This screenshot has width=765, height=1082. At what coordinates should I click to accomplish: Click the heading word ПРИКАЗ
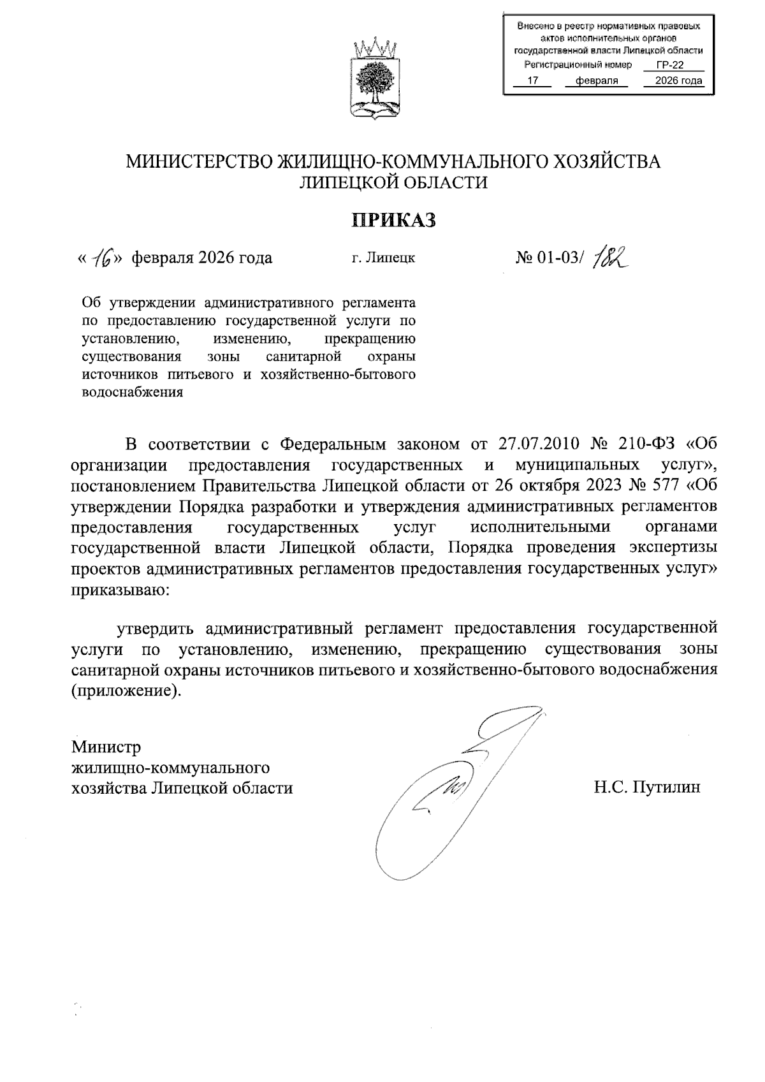point(395,220)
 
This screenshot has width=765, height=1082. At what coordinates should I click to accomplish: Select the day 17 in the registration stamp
point(534,80)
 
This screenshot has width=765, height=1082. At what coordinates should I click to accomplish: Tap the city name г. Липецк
point(383,258)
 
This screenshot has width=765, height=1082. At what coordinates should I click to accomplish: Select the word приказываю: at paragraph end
point(120,590)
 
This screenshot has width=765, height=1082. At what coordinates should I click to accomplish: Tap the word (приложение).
point(126,691)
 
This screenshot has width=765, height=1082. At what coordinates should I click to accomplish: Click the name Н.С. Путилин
point(647,787)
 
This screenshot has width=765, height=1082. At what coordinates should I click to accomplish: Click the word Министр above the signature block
point(106,746)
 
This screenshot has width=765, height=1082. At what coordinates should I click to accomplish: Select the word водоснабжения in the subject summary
point(133,392)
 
